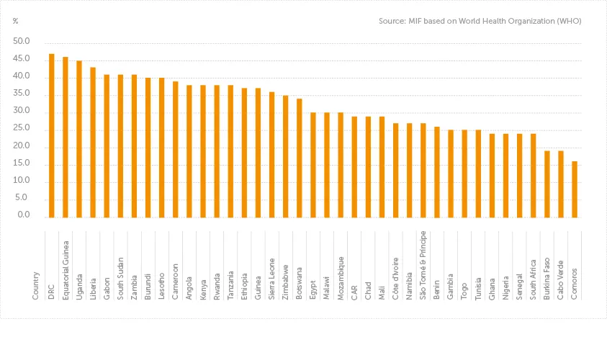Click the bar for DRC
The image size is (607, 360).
pos(52,135)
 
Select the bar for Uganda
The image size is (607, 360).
pos(79,139)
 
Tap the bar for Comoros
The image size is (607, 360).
pos(575,189)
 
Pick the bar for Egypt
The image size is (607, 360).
pos(313,165)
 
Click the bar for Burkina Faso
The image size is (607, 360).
pos(547,184)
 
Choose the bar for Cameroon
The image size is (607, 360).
pos(176,149)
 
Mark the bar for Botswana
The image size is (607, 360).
pos(300,158)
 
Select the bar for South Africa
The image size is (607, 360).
pos(534,175)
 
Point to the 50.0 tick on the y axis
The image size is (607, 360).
pos(22,41)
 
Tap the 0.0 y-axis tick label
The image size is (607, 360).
pos(24,215)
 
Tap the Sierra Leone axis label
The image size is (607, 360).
pos(272,278)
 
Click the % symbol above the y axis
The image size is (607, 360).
pos(16,21)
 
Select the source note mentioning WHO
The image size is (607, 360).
pos(480,21)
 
